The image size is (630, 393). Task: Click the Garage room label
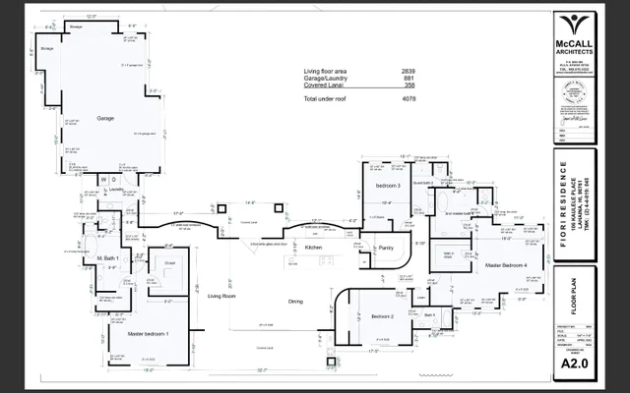pyautogui.click(x=104, y=118)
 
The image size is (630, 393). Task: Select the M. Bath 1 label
pyautogui.click(x=108, y=257)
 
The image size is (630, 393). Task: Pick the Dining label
pyautogui.click(x=295, y=302)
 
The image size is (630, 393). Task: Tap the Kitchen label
pyautogui.click(x=313, y=249)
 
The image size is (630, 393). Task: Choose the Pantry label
pyautogui.click(x=386, y=249)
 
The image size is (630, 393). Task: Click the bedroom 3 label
pyautogui.click(x=386, y=185)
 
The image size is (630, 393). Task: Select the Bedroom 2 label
pyautogui.click(x=382, y=316)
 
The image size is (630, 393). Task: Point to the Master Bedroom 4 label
pyautogui.click(x=506, y=265)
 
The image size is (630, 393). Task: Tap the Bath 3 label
pyautogui.click(x=429, y=315)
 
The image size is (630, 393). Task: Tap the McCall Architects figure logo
pyautogui.click(x=572, y=26)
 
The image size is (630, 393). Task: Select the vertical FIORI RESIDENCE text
pyautogui.click(x=562, y=196)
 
